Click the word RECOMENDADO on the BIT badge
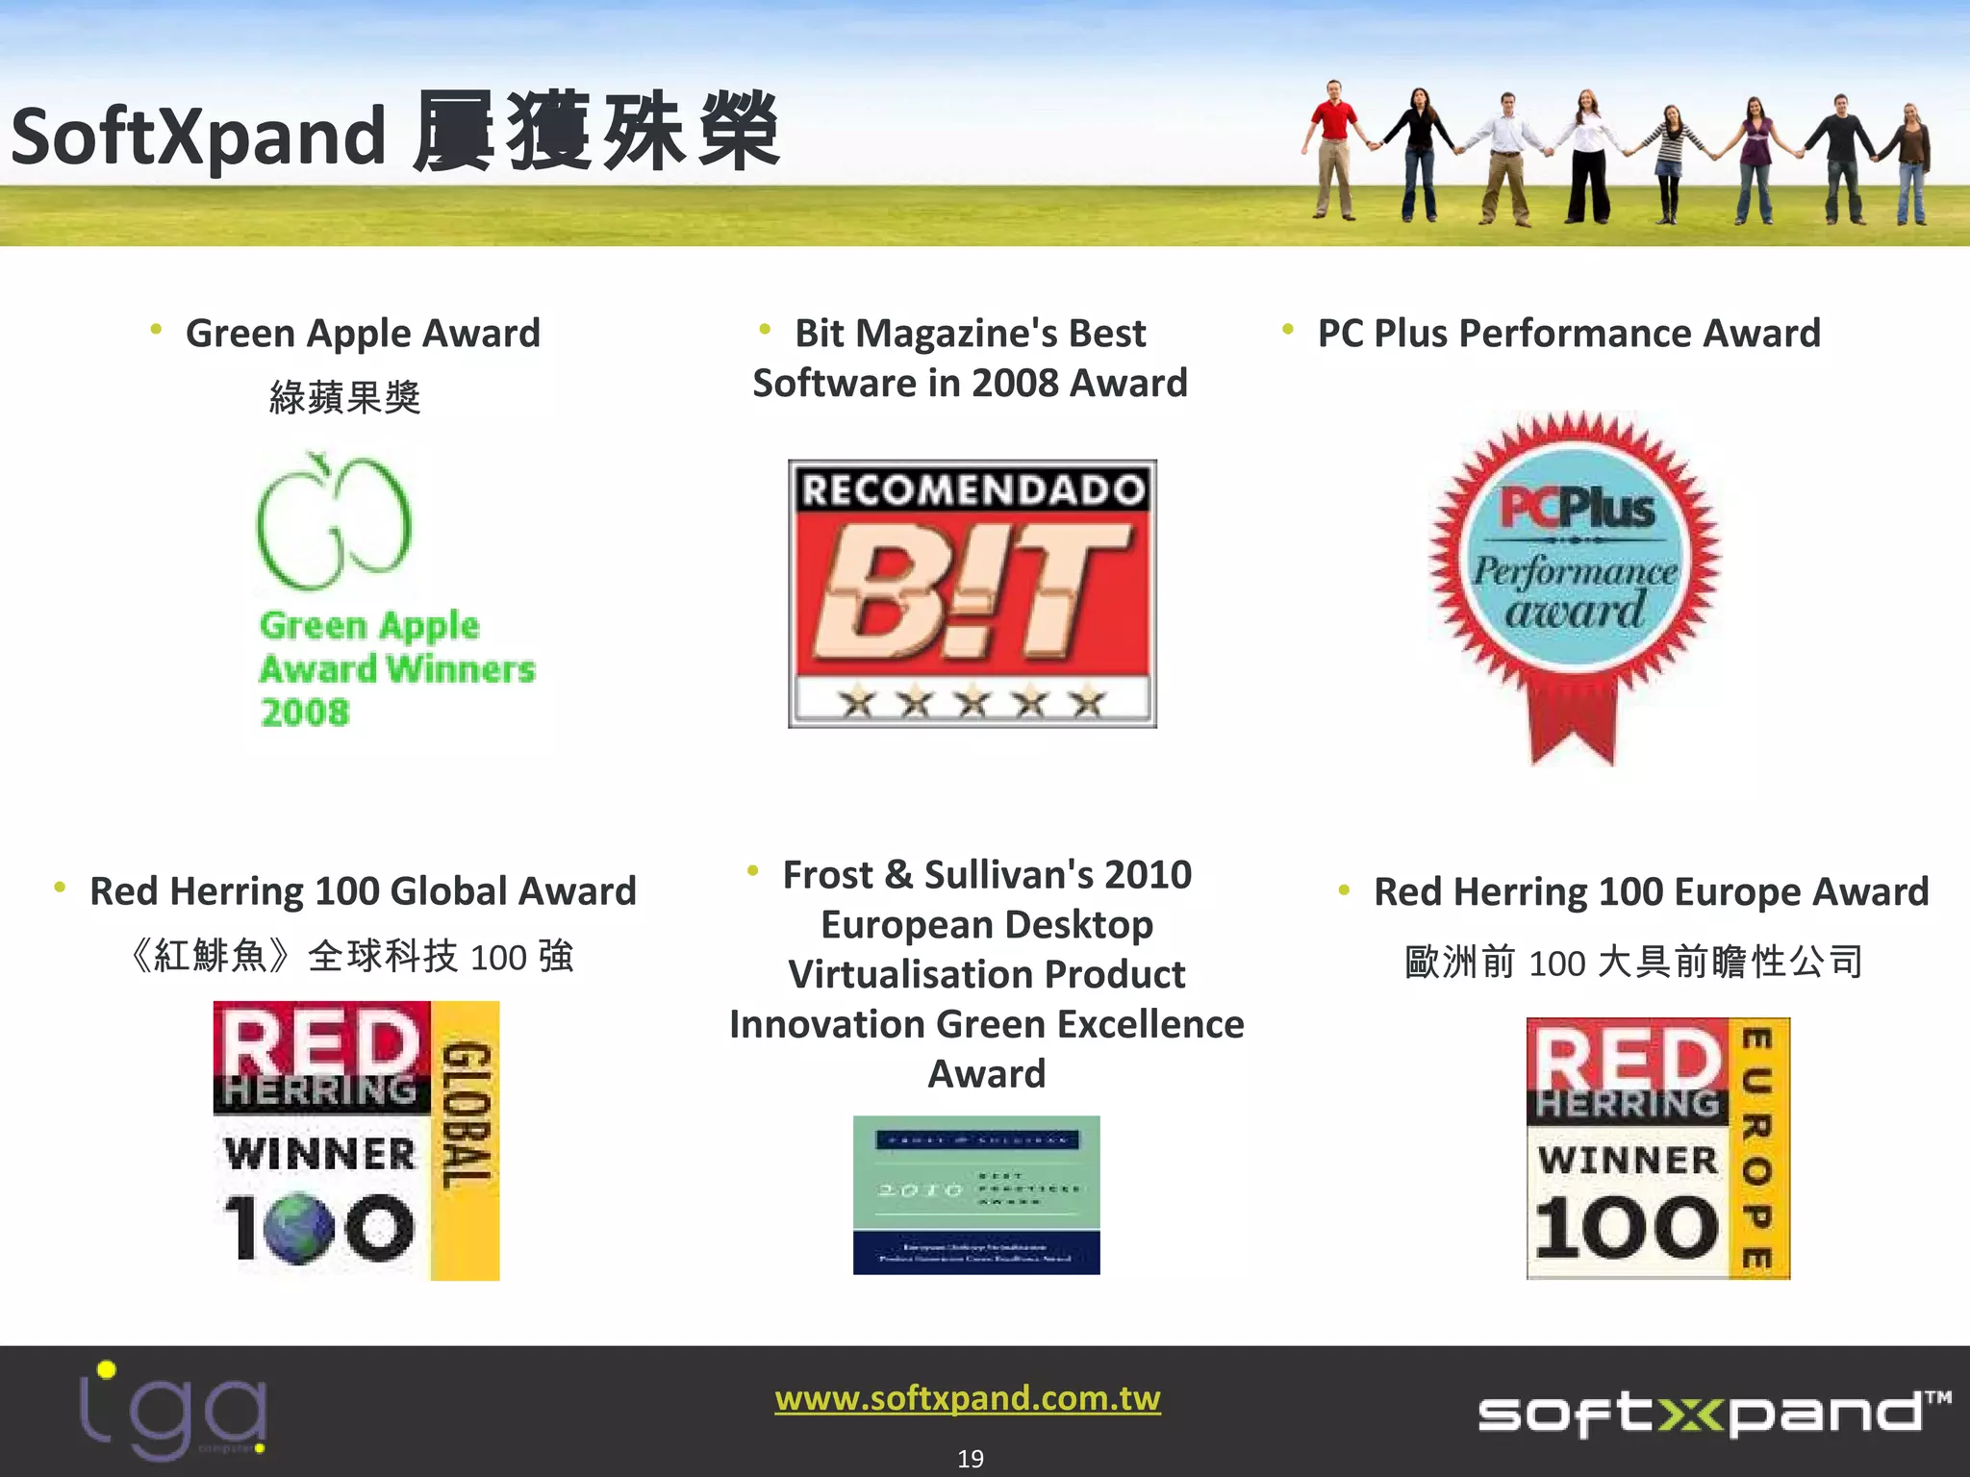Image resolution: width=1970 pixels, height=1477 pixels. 972,489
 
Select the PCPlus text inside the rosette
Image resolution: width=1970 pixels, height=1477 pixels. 1577,507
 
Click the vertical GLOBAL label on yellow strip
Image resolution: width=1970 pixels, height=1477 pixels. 466,1115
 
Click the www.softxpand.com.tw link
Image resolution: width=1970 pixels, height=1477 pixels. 968,1397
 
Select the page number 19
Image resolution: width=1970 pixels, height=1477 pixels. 971,1459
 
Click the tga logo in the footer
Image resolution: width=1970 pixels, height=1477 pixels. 173,1410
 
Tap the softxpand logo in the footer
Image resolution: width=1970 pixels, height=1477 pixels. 1712,1414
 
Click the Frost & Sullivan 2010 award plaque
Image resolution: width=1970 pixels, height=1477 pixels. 976,1194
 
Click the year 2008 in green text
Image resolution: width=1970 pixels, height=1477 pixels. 305,713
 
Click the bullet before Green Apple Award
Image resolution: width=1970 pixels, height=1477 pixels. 156,331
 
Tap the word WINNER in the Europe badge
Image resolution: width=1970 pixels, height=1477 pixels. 1628,1160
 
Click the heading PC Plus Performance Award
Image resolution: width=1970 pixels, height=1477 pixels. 1569,334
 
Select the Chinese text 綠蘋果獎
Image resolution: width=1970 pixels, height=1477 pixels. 344,396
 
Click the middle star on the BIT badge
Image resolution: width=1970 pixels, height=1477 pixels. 972,702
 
